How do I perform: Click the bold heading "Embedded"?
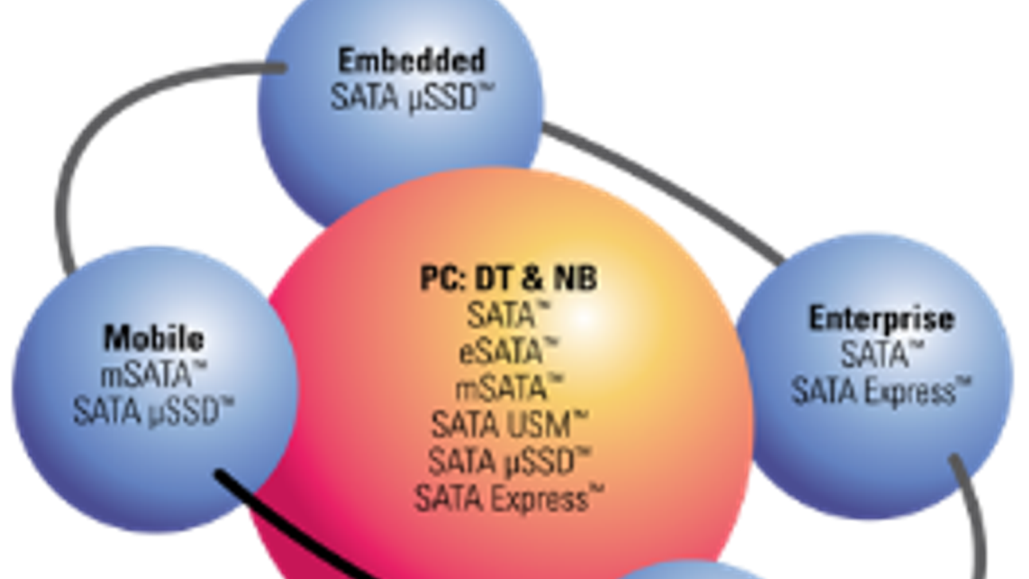412,60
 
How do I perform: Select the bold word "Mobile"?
154,338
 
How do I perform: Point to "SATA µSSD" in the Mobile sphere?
152,412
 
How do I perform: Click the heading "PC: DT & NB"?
508,279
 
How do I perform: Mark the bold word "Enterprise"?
881,318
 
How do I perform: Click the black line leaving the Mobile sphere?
289,524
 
